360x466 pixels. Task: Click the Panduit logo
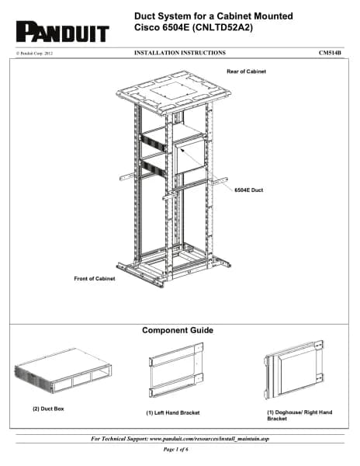[x=63, y=32]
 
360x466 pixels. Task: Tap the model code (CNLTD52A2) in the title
[x=223, y=28]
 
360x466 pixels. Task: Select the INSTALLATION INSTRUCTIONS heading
[x=180, y=53]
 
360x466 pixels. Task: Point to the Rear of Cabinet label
[x=246, y=71]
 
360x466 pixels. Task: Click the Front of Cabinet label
[x=95, y=279]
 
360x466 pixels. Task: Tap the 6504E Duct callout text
[x=249, y=190]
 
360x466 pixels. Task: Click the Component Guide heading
[x=178, y=330]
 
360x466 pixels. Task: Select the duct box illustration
[x=63, y=371]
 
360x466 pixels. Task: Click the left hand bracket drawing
[x=176, y=370]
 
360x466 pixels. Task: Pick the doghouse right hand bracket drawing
[x=293, y=369]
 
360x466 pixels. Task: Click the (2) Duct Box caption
[x=48, y=409]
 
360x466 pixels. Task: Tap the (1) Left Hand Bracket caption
[x=173, y=413]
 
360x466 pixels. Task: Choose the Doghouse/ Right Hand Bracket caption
[x=299, y=416]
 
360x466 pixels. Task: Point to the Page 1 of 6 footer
[x=175, y=450]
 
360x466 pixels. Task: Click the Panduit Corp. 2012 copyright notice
[x=35, y=54]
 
